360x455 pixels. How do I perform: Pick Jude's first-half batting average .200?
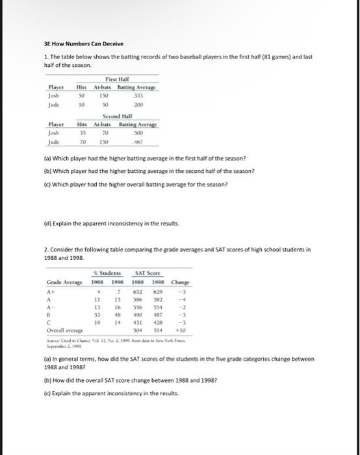tap(138, 103)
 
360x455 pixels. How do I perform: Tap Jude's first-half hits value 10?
tap(83, 103)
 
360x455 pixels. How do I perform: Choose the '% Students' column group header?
tap(107, 273)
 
